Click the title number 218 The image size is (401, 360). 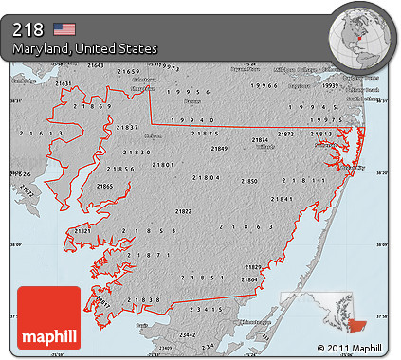[x=29, y=28]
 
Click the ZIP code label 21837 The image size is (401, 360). [x=126, y=127]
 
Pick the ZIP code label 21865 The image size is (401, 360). [x=103, y=187]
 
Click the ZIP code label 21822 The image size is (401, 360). [x=182, y=211]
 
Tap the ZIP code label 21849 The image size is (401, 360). [x=219, y=149]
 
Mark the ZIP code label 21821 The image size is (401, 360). [x=82, y=230]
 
